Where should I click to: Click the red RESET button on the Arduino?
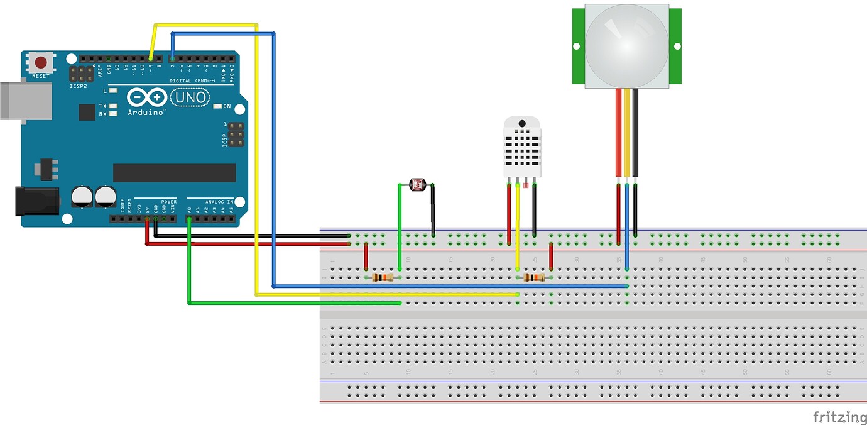pos(41,63)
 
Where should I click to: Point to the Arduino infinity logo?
pos(146,97)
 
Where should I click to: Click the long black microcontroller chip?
pos(174,173)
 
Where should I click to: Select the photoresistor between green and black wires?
pos(417,185)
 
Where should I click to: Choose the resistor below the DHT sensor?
pos(534,278)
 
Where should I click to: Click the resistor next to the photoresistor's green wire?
pos(383,278)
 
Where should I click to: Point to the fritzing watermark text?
pos(839,416)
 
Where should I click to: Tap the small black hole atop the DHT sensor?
pos(521,123)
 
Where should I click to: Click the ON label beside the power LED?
pos(227,106)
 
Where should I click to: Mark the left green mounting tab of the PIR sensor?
pos(578,47)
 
